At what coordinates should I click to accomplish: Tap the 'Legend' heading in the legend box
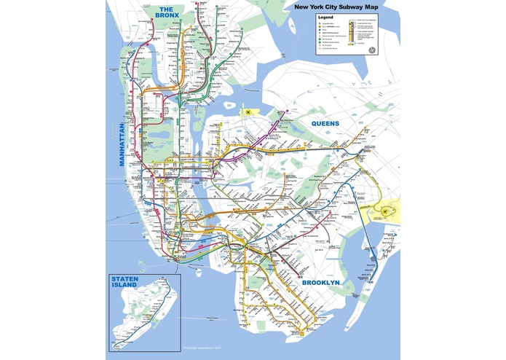(326, 17)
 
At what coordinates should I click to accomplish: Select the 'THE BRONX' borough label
(175, 12)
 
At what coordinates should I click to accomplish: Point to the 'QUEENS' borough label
(325, 123)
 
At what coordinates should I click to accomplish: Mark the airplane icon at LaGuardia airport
(248, 111)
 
